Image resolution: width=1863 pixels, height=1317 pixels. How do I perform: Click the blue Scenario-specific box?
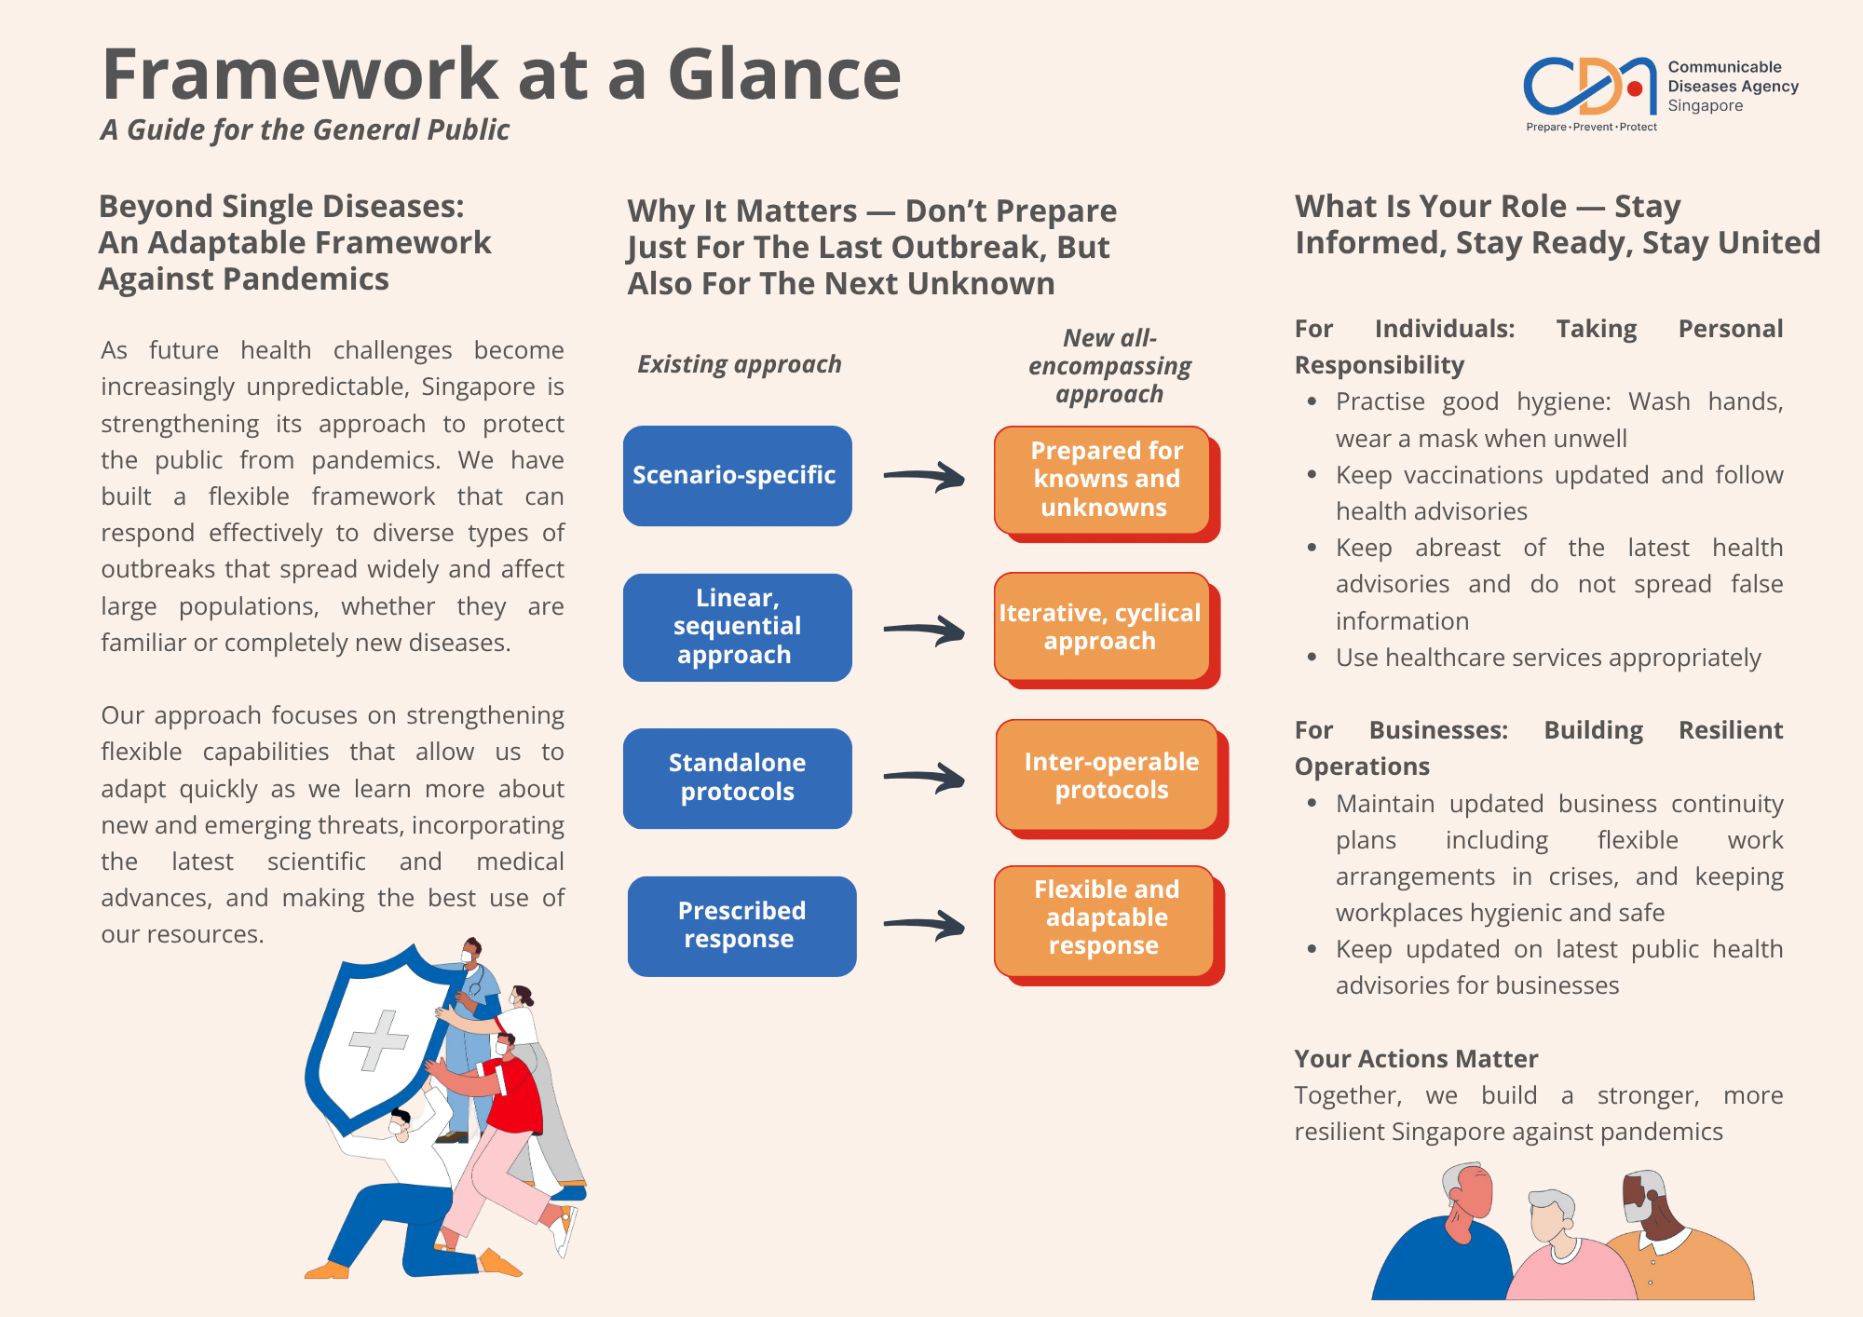[737, 476]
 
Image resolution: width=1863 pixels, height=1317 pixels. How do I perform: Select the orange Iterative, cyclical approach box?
[1101, 627]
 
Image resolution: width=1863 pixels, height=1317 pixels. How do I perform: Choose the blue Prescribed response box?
[741, 926]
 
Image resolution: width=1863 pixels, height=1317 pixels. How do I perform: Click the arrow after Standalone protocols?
[923, 777]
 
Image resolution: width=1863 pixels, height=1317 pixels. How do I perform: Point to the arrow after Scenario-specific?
[923, 477]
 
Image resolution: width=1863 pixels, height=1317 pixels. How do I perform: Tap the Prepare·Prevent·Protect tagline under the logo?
[1591, 128]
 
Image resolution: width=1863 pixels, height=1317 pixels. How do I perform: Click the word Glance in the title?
[784, 75]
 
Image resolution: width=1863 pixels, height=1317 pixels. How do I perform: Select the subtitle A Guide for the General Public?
[305, 130]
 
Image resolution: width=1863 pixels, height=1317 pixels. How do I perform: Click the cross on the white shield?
[377, 1039]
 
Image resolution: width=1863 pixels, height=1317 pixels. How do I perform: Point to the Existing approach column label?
[739, 364]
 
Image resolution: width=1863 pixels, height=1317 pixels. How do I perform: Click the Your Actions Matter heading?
[1416, 1059]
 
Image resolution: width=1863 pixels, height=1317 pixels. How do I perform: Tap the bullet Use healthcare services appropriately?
[1547, 658]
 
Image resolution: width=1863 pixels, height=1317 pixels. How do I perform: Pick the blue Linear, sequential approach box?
[737, 627]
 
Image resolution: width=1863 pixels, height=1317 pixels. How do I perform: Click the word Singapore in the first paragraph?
[478, 387]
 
